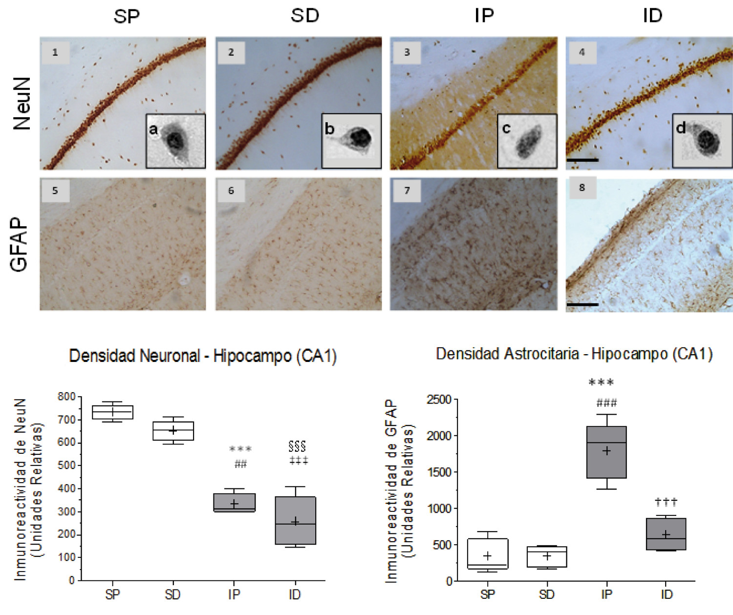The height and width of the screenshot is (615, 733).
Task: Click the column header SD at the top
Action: pos(305,16)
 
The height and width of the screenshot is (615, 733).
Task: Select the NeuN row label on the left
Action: pos(22,104)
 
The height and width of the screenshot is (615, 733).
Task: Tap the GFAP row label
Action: pos(19,244)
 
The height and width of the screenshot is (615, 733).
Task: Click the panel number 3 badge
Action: pos(407,52)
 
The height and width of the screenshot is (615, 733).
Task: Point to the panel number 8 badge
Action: pos(582,188)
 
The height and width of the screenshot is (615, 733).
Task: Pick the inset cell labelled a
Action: pos(175,141)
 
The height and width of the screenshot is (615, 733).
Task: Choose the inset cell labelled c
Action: pos(527,141)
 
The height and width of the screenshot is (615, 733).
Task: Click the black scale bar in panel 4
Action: pos(582,160)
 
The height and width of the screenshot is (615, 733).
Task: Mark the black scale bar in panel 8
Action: pos(582,304)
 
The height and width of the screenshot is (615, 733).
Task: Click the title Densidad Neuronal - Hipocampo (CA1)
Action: pos(203,356)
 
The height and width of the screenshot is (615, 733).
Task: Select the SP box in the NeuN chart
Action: pos(112,412)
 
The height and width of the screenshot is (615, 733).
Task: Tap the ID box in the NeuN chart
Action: pos(295,520)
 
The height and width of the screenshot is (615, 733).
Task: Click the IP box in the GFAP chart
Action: pos(606,452)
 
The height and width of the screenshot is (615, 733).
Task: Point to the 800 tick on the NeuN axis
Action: pos(66,397)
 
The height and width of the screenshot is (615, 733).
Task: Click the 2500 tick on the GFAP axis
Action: pos(439,400)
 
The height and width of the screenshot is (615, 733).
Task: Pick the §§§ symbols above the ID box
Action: pos(297,446)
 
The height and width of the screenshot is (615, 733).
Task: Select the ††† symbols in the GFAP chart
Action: pos(666,502)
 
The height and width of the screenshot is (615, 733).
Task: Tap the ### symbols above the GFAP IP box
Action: pos(606,403)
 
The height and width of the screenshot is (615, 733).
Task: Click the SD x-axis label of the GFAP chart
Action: pos(547,594)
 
